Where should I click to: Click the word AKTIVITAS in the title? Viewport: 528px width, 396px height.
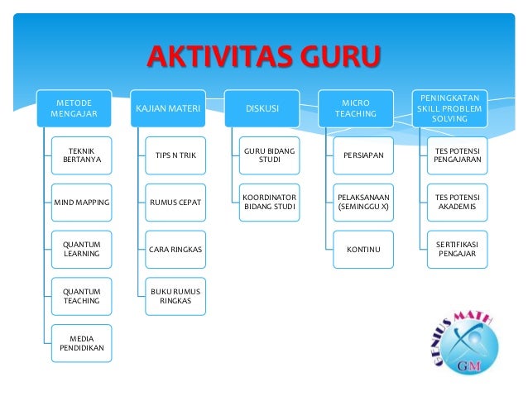pyautogui.click(x=219, y=56)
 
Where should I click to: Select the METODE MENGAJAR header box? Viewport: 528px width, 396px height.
pyautogui.click(x=74, y=108)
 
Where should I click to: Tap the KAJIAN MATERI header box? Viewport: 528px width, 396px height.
pyautogui.click(x=168, y=108)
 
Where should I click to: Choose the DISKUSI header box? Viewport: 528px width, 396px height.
pyautogui.click(x=262, y=108)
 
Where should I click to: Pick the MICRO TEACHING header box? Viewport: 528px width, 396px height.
pyautogui.click(x=356, y=108)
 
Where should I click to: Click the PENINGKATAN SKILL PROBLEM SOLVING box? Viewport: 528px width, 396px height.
pyautogui.click(x=450, y=108)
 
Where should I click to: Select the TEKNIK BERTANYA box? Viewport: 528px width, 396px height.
pyautogui.click(x=81, y=155)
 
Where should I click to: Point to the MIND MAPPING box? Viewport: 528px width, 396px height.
pyautogui.click(x=81, y=203)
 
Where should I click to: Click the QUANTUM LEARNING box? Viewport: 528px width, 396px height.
pyautogui.click(x=81, y=250)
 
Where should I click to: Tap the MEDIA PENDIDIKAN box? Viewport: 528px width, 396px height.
pyautogui.click(x=81, y=343)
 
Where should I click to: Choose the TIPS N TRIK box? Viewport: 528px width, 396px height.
pyautogui.click(x=175, y=155)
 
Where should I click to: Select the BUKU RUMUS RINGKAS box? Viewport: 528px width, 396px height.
pyautogui.click(x=175, y=297)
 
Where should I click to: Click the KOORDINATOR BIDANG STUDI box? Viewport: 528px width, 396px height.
pyautogui.click(x=270, y=203)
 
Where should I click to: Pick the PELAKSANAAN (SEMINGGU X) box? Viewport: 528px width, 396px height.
pyautogui.click(x=363, y=203)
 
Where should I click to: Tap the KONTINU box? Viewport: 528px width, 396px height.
pyautogui.click(x=363, y=250)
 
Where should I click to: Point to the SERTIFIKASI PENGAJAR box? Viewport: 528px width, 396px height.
pyautogui.click(x=458, y=250)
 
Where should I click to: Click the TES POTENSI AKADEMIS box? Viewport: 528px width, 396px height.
pyautogui.click(x=458, y=203)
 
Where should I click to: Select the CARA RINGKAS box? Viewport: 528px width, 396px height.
pyautogui.click(x=175, y=250)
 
